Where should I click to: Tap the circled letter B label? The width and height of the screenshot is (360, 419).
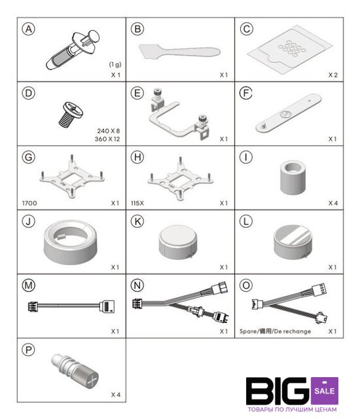137,29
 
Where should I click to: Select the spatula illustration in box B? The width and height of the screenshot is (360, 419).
179,51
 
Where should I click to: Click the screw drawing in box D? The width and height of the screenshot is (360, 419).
71,115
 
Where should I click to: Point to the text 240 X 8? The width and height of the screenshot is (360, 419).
109,131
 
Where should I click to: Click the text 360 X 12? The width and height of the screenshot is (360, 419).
107,139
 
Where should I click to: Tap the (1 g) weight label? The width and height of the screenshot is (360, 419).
115,64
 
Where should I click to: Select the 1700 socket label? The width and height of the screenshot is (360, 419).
29,203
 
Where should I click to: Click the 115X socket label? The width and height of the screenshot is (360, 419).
137,203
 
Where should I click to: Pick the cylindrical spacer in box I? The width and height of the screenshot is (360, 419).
293,177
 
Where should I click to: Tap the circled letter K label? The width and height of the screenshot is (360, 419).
137,221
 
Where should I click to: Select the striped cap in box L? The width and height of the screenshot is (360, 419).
293,242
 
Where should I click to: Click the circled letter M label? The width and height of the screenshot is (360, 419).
29,285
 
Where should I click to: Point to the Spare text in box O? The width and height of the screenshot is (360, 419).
248,331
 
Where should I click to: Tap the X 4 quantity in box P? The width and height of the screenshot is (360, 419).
116,395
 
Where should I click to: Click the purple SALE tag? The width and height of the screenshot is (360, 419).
325,391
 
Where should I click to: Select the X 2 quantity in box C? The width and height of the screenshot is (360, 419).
333,75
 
